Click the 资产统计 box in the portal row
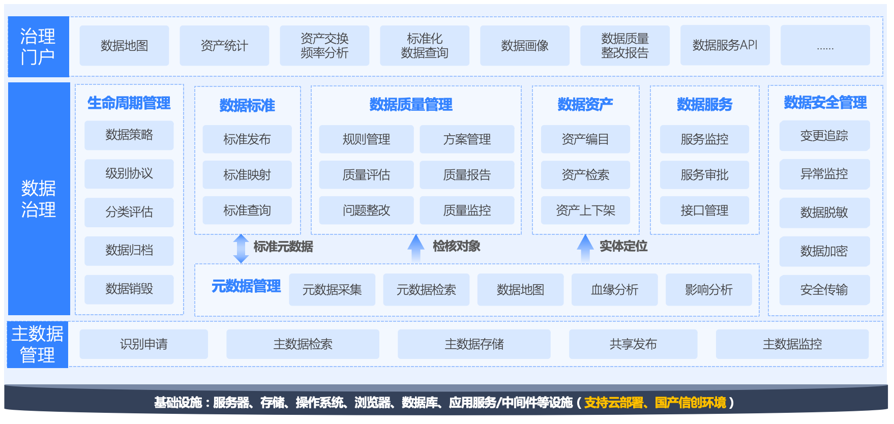224,46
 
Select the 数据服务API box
725,46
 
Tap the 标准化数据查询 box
425,46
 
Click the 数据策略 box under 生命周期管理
129,135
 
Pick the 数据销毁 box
129,289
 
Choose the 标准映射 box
247,175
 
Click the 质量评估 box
366,175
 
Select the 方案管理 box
467,139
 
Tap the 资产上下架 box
585,210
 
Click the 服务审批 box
704,175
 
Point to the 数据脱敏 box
824,213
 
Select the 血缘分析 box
614,290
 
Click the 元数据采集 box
332,290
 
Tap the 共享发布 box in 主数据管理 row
633,344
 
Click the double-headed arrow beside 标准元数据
241,249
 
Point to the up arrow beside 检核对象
416,248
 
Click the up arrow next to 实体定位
585,248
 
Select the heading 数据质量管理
411,105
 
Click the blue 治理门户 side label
39,47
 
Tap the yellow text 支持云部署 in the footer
614,403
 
